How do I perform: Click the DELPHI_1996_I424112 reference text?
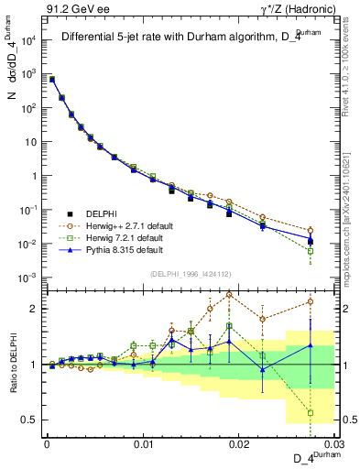[189, 272]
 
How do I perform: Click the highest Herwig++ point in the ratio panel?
[229, 295]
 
